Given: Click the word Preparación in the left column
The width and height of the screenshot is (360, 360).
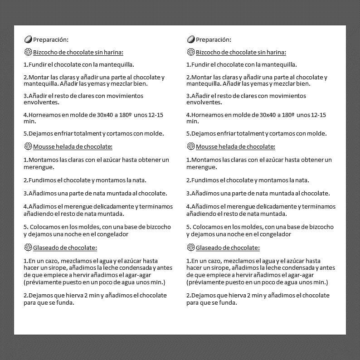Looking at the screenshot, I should (x=50, y=39).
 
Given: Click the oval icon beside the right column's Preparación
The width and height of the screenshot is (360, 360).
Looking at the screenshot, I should (x=190, y=39).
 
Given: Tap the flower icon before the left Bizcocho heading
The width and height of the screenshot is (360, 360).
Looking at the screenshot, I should (x=28, y=52).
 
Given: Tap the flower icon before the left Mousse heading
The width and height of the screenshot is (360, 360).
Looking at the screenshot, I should (x=28, y=146).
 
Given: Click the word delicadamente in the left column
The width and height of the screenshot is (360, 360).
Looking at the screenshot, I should (x=116, y=206).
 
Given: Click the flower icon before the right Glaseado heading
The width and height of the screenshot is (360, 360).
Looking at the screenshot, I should (x=190, y=248).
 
